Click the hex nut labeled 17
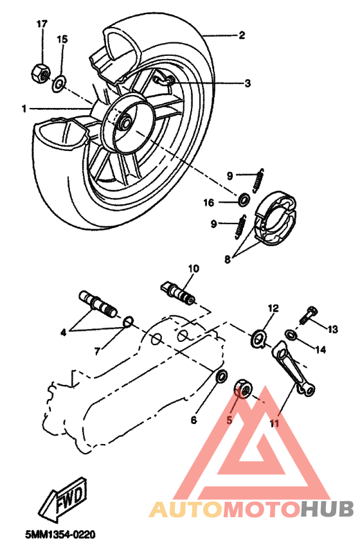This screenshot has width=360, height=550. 40,73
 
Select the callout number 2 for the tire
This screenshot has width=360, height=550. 242,36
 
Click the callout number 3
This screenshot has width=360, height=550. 248,84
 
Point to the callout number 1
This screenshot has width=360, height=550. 24,109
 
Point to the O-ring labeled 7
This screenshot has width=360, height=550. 127,321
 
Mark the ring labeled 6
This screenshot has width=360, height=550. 220,376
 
